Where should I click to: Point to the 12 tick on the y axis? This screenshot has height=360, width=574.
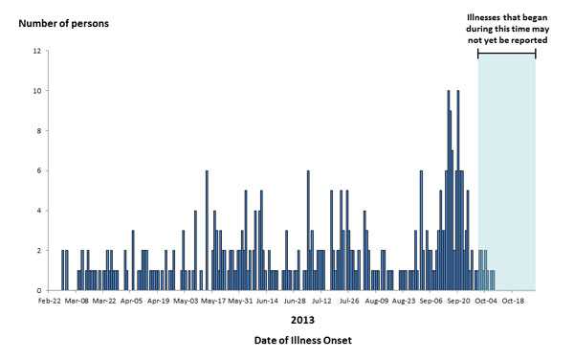click(36, 52)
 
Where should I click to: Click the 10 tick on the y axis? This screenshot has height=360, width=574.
click(36, 91)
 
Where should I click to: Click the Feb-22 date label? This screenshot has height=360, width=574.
click(51, 301)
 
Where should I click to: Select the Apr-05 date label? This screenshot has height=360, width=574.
click(132, 301)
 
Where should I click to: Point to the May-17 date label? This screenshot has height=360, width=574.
click(213, 301)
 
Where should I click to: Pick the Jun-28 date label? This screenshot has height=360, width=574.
click(295, 301)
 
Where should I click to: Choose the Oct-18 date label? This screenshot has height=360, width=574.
click(513, 301)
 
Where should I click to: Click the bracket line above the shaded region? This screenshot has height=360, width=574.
click(506, 53)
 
